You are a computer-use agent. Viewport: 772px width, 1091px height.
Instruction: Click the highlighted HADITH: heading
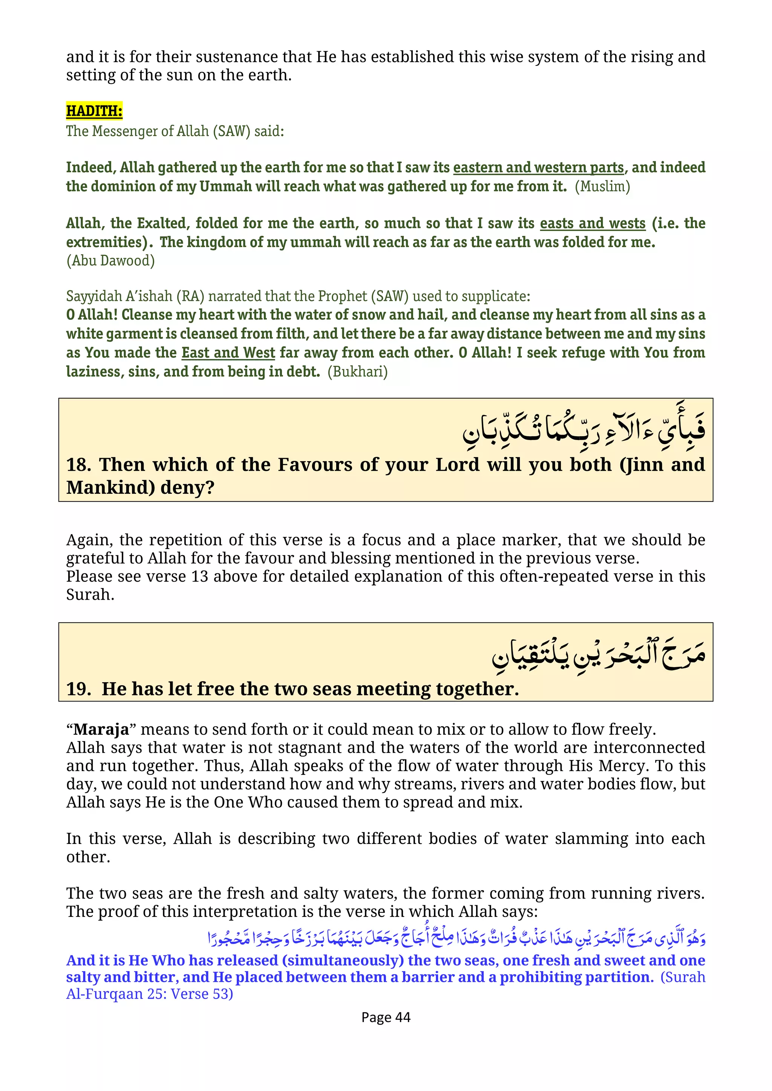[94, 111]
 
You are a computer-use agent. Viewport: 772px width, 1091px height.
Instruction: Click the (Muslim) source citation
[602, 186]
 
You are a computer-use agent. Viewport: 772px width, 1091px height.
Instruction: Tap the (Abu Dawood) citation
[110, 260]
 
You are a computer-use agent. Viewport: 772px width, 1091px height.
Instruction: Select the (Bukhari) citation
[357, 371]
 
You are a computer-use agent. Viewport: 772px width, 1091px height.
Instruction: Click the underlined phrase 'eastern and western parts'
[538, 167]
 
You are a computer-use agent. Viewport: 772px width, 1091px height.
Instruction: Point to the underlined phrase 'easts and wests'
[592, 223]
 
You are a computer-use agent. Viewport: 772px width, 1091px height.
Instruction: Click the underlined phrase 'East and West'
[228, 353]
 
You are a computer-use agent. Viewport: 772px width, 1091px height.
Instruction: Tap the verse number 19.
[78, 689]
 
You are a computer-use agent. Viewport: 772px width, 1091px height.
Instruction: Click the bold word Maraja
[101, 729]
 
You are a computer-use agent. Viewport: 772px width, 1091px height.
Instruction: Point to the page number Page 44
[386, 1017]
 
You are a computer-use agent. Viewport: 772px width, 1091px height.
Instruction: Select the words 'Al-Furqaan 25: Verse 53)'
[149, 994]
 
